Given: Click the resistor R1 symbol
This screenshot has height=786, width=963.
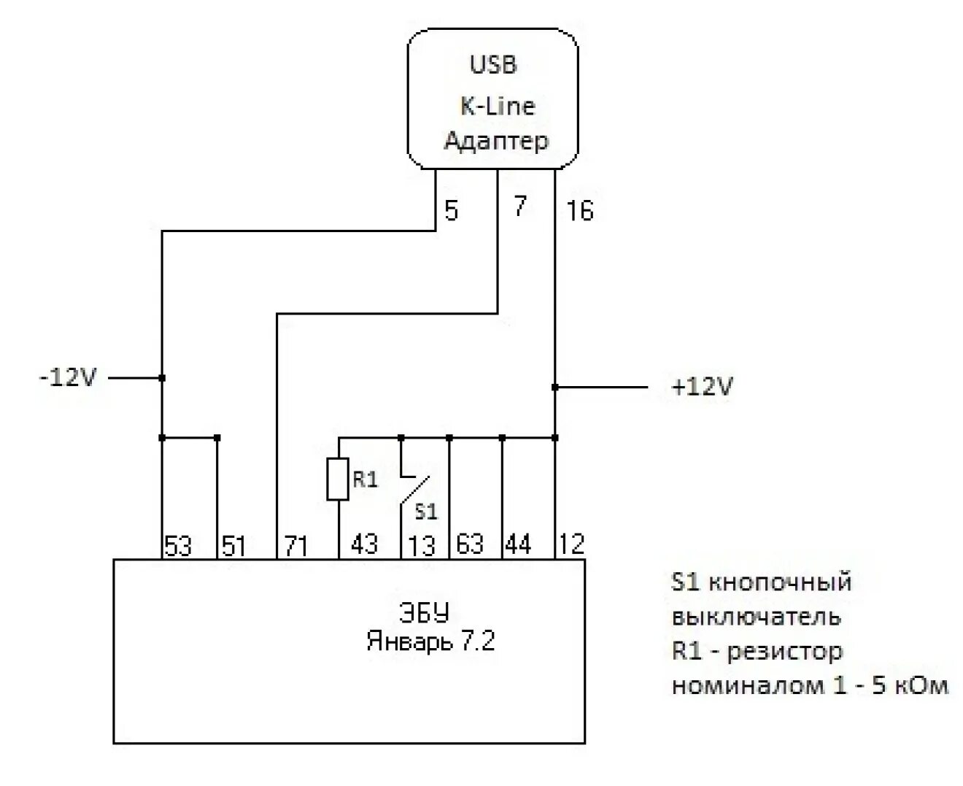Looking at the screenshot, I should [x=338, y=479].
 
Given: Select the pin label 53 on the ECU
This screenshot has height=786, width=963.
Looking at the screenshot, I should [x=178, y=546].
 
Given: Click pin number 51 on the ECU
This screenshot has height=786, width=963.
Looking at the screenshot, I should [x=233, y=546].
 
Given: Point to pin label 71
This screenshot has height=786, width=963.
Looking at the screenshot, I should [x=295, y=546].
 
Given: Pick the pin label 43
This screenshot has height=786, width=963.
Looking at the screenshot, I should [x=364, y=544].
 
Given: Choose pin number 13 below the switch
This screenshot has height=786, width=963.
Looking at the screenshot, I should [x=422, y=546].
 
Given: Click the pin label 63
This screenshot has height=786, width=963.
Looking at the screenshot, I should [x=471, y=544].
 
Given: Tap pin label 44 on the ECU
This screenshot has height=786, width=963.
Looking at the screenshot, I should [x=518, y=544].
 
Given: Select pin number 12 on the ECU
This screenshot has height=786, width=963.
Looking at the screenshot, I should [x=572, y=544].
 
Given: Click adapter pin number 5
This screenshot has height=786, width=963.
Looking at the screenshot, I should [x=451, y=211].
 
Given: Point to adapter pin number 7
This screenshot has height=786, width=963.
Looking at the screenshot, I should [x=519, y=207].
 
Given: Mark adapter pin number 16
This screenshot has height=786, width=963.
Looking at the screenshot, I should [x=580, y=211].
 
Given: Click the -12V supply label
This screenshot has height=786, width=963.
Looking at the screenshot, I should [x=68, y=378].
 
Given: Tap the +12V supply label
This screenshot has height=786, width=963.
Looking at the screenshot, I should [x=701, y=387].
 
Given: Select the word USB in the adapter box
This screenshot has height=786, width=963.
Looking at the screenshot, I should [x=493, y=65].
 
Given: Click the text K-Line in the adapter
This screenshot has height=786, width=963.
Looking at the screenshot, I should [x=497, y=107].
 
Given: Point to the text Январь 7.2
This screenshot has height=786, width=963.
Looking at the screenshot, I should [x=430, y=641].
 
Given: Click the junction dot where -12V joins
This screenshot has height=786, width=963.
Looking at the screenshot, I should [x=162, y=378].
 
